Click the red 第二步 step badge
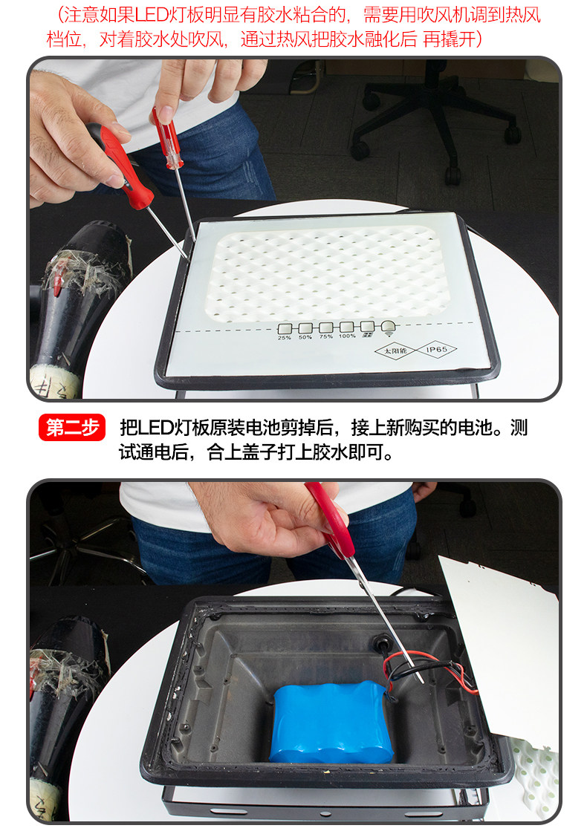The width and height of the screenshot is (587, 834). coord(72,427)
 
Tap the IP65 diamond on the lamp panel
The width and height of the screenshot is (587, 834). coord(436,350)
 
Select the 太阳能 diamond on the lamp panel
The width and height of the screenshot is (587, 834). coord(395,351)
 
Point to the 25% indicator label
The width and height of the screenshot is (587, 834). coord(284,338)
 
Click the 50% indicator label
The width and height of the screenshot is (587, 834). coord(305,337)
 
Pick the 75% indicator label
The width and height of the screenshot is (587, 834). coord(325,336)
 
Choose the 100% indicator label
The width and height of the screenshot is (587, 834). coord(347,336)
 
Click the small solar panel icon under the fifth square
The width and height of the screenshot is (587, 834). coord(367,335)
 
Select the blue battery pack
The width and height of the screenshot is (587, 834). coord(331,723)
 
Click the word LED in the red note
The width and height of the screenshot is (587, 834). coord(151,15)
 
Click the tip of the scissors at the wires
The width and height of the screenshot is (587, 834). coord(421,682)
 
